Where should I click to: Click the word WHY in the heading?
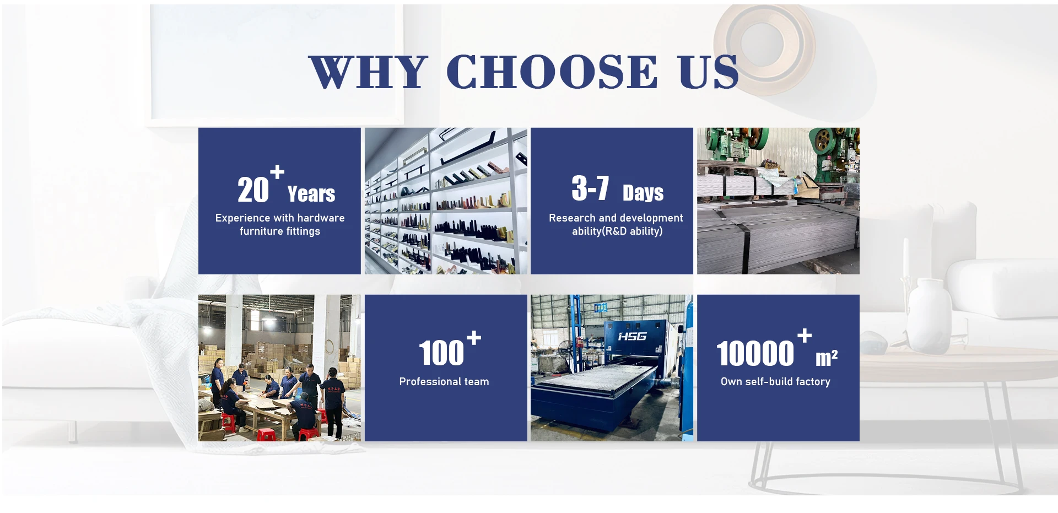pyautogui.click(x=368, y=72)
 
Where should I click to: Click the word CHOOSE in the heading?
pyautogui.click(x=552, y=72)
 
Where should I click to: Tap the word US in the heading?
pyautogui.click(x=709, y=72)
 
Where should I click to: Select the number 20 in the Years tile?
pyautogui.click(x=253, y=190)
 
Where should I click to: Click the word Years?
pyautogui.click(x=311, y=194)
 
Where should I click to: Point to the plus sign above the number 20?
pyautogui.click(x=277, y=172)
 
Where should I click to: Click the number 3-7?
pyautogui.click(x=590, y=188)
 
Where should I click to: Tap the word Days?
pyautogui.click(x=643, y=193)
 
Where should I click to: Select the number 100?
pyautogui.click(x=441, y=353)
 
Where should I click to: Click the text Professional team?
pyautogui.click(x=444, y=381)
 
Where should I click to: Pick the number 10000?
pyautogui.click(x=755, y=353)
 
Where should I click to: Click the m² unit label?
pyautogui.click(x=827, y=358)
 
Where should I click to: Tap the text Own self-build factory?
pyautogui.click(x=775, y=381)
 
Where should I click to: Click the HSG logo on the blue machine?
pyautogui.click(x=632, y=336)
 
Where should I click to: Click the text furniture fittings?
pyautogui.click(x=280, y=231)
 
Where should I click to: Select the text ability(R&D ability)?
pyautogui.click(x=617, y=231)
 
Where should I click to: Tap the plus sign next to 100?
pyautogui.click(x=474, y=337)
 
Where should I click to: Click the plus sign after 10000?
pyautogui.click(x=805, y=335)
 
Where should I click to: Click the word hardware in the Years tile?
pyautogui.click(x=321, y=218)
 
